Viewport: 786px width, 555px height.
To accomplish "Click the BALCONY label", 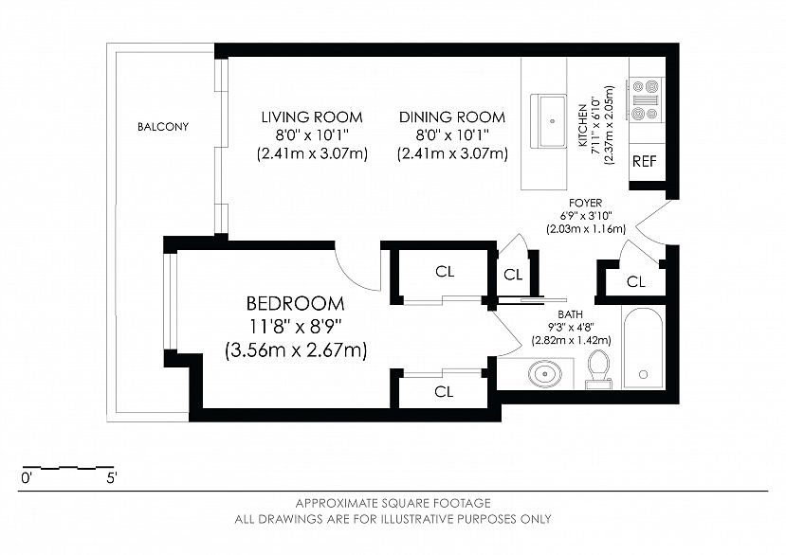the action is click(163, 127).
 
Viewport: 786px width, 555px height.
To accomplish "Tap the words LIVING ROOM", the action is click(312, 117).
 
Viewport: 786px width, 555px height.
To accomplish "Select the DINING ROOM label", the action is click(452, 117).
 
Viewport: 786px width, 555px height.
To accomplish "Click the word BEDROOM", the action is click(295, 304).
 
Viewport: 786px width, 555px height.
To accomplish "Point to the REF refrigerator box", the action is click(645, 162).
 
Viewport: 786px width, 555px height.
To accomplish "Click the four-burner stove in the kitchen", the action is click(646, 100).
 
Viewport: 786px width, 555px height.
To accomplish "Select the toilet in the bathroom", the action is click(598, 369).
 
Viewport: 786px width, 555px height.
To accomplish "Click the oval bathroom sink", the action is click(544, 374).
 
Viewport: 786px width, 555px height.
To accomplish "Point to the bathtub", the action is click(644, 349).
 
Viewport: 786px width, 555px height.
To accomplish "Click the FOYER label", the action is click(586, 203).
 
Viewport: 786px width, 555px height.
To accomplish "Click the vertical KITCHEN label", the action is click(583, 125).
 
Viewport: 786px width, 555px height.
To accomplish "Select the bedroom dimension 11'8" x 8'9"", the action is click(295, 327).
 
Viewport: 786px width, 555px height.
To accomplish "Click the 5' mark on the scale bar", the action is click(112, 478).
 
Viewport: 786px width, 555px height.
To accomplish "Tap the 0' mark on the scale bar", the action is click(27, 478).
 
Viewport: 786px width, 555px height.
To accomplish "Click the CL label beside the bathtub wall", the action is click(636, 282).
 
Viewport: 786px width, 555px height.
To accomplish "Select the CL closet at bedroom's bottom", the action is click(444, 392).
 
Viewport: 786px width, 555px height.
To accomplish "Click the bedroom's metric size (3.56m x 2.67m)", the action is click(296, 349).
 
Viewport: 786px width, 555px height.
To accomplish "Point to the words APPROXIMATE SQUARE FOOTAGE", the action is click(393, 503).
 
